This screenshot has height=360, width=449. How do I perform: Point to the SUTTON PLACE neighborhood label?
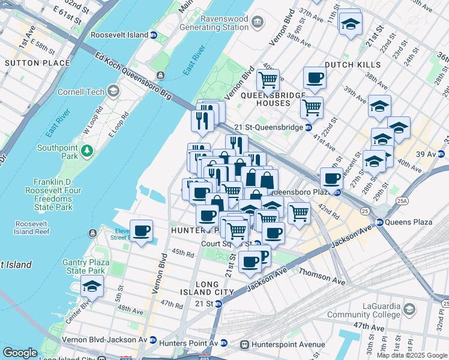point(29,63)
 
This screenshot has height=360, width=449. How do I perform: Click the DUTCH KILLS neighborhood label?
point(352,65)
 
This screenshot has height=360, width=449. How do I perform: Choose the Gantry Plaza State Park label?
point(86,266)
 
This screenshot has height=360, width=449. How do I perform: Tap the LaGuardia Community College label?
point(381,310)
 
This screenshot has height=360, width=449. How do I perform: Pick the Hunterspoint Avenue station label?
point(282,344)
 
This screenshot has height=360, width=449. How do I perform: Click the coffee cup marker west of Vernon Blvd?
point(142,231)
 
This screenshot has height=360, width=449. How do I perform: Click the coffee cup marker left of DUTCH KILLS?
point(314,77)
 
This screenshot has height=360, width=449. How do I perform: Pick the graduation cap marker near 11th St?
point(350,24)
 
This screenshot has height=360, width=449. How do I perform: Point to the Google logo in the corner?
point(20,353)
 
